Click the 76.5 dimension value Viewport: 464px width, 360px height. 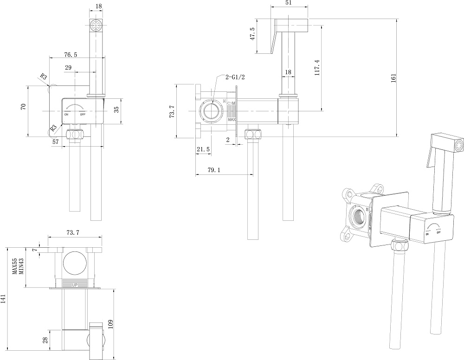pos(71,55)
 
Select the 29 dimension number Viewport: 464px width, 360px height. pos(68,68)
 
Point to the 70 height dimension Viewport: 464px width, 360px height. pos(23,108)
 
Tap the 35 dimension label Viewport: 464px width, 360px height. pos(117,109)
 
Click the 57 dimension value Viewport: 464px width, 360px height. pos(56,142)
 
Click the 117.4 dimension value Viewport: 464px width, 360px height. pos(317,67)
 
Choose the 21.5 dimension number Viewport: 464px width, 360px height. pos(203,149)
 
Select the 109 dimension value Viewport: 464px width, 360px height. pos(110,323)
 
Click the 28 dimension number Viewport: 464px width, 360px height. pos(45,340)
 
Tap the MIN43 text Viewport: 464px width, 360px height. pos(21,268)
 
